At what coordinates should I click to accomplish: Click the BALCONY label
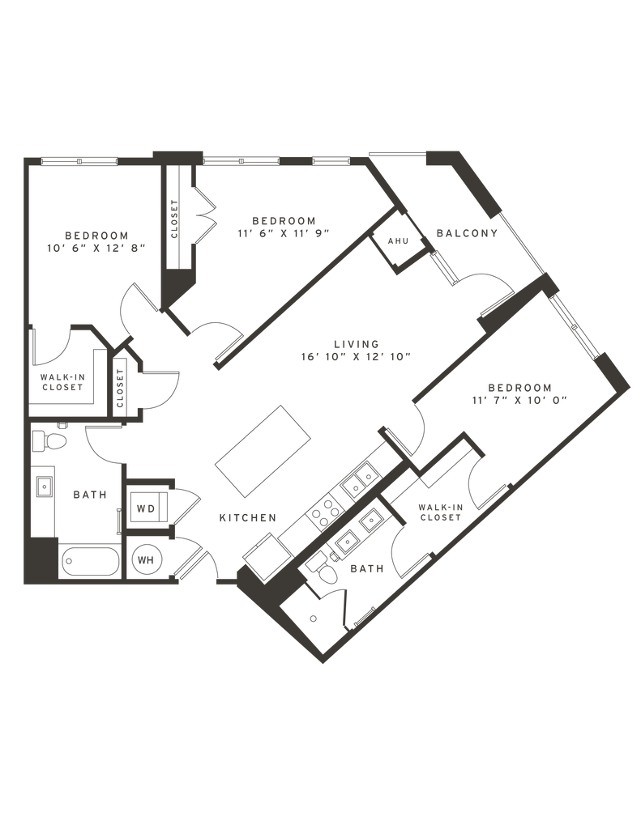tap(466, 233)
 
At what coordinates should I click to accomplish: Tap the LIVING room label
tap(357, 342)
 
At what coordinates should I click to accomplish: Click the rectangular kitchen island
tap(263, 451)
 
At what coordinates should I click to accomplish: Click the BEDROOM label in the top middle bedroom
tap(283, 219)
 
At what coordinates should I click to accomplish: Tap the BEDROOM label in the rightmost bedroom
tap(519, 386)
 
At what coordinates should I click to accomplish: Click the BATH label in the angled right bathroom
tap(365, 569)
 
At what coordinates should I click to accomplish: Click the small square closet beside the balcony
tap(397, 241)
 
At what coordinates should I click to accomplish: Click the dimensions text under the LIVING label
tap(357, 355)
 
